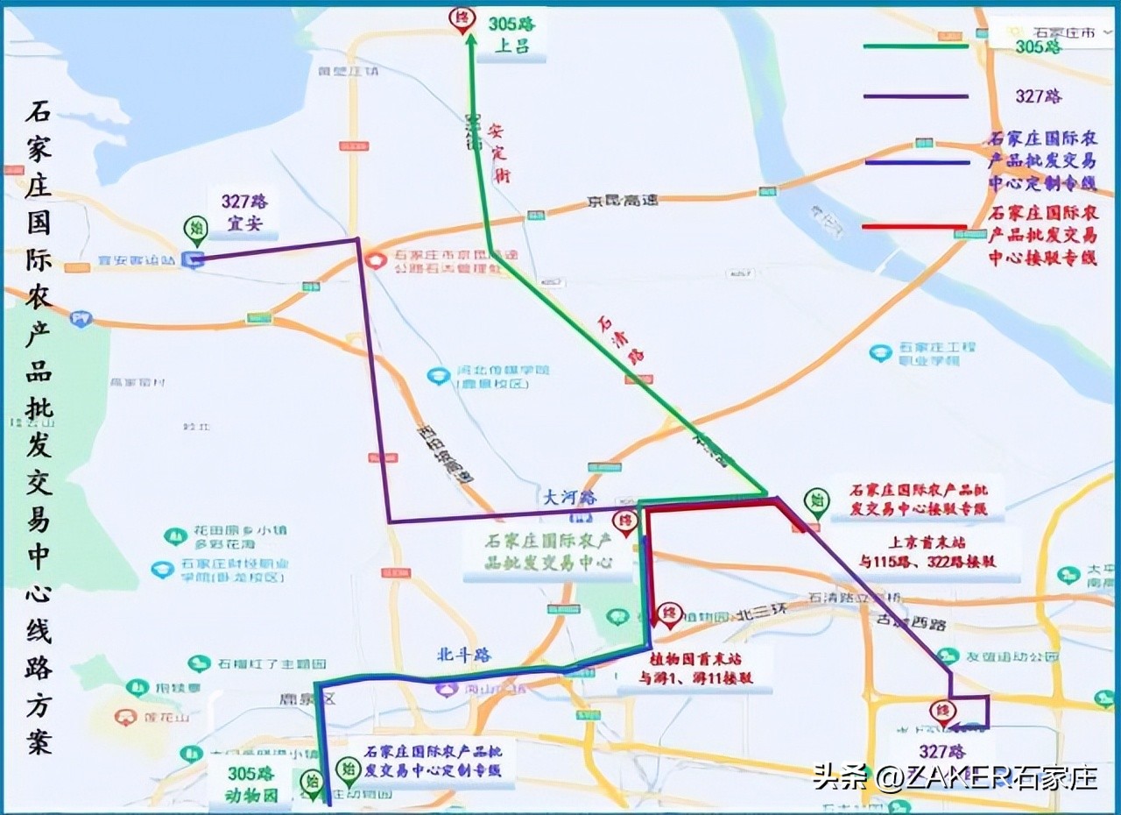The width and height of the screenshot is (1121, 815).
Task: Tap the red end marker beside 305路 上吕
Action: [462, 19]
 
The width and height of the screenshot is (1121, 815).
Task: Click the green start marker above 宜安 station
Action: [195, 230]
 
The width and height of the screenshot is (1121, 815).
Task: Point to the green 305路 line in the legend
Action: [915, 46]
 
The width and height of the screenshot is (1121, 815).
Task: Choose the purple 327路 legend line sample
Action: [915, 96]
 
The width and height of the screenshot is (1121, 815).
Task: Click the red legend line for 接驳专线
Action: [915, 227]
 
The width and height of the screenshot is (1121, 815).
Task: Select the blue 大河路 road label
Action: [569, 497]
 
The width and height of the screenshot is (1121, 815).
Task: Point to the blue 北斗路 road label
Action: [464, 655]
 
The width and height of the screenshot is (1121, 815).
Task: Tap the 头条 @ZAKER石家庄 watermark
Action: [955, 776]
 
